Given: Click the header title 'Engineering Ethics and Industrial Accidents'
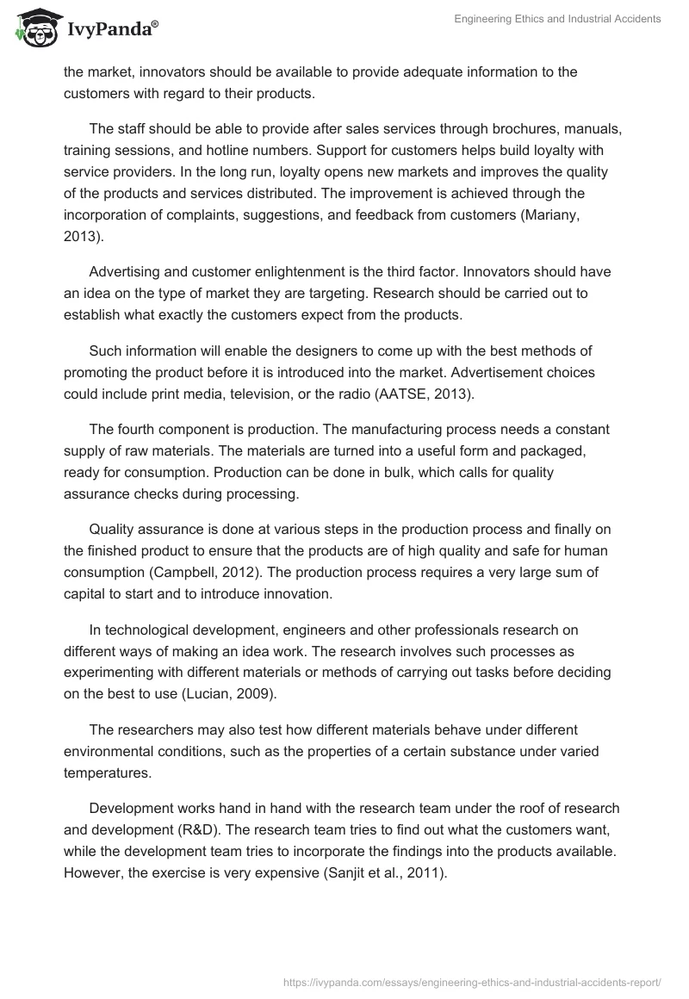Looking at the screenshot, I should click(x=557, y=19).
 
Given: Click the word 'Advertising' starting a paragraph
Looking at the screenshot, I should click(x=125, y=271).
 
